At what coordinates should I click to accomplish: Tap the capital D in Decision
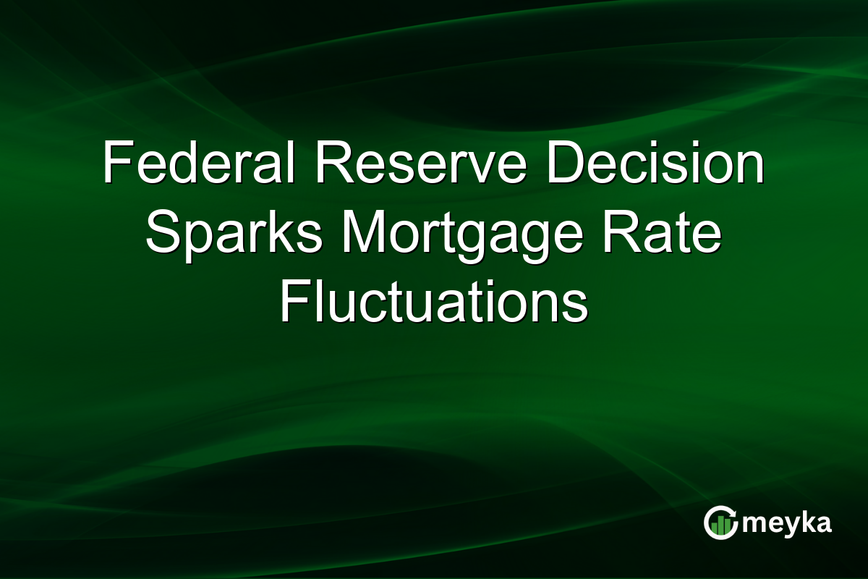[x=564, y=165]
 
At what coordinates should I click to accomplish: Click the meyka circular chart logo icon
[x=720, y=523]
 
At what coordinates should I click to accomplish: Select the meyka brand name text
[x=788, y=523]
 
